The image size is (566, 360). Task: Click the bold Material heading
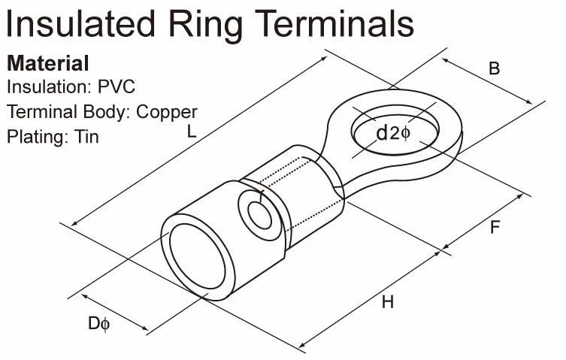coord(47,63)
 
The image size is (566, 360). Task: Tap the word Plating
coord(38,137)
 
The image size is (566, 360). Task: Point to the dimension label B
coord(494,68)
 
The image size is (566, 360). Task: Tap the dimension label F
coord(495,225)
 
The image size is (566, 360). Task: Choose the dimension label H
coord(387,302)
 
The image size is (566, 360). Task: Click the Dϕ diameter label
coord(99,325)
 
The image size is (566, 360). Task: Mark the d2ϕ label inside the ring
coord(392,134)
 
